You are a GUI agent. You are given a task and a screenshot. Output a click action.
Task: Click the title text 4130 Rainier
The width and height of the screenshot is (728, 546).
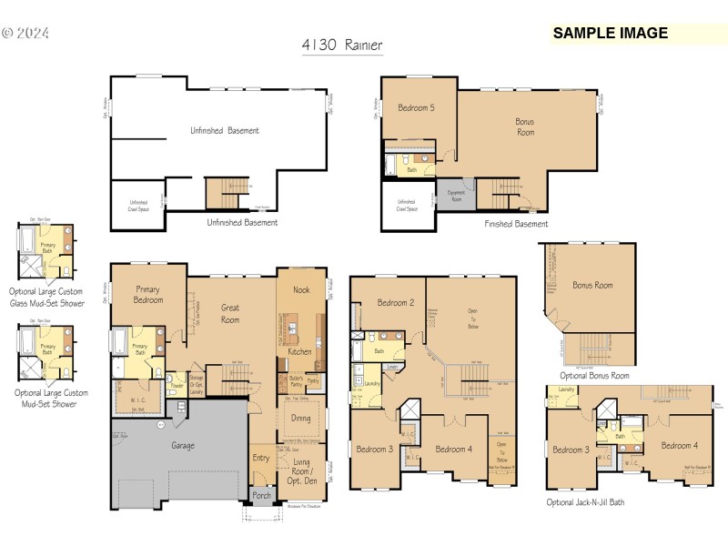[341, 44]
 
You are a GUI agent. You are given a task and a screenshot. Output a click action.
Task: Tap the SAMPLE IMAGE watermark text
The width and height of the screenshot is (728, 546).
[610, 34]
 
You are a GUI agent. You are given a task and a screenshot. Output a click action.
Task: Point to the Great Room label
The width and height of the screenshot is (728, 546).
[230, 314]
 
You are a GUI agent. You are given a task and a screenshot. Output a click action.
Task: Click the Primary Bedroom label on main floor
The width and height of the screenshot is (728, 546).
[148, 294]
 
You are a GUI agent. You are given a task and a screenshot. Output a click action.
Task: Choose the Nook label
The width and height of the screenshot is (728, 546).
[301, 290]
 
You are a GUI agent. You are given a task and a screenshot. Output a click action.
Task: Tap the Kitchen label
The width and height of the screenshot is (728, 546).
[300, 351]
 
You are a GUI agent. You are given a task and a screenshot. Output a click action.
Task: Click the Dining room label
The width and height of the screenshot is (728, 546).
[301, 419]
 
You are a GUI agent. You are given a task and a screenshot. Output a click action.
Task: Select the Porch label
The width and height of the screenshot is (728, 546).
[262, 496]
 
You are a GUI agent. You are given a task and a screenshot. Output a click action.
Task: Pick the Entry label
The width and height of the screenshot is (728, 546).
[261, 458]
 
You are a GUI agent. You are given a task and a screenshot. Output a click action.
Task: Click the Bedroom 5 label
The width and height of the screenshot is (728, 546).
[416, 108]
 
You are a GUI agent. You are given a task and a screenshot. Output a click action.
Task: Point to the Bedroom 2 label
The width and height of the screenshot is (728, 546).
[396, 303]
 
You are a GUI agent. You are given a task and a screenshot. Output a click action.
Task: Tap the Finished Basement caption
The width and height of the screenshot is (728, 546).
[516, 224]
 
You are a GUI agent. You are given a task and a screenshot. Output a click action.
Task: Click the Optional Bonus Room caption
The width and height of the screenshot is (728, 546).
[594, 376]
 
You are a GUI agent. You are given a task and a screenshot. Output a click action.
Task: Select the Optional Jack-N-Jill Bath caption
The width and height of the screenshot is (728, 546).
[585, 501]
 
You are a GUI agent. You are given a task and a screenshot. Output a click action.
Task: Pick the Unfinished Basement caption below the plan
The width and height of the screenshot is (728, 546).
[242, 222]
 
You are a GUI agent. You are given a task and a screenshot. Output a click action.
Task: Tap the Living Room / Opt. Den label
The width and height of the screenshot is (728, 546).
[301, 468]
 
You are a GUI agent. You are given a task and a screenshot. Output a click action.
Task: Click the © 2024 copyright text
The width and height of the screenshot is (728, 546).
[25, 34]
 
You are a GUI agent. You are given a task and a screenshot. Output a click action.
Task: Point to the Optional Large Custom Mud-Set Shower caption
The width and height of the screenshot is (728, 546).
[51, 398]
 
